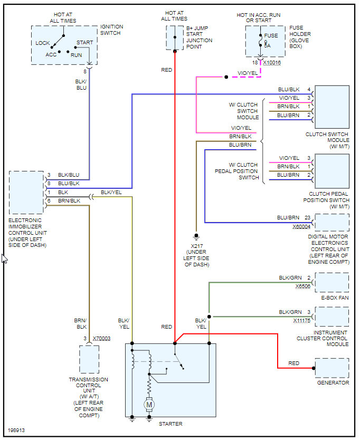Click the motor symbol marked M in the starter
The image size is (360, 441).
tap(149, 405)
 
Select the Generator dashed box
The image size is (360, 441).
tap(332, 368)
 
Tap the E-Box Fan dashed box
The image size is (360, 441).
tap(332, 282)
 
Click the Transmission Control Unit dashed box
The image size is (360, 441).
tap(89, 359)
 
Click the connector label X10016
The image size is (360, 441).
tap(272, 63)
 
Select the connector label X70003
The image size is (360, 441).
tap(101, 338)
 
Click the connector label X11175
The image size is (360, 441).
tap(303, 320)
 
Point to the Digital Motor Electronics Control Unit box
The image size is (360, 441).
tap(332, 222)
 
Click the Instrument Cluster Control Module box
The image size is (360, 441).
tap(332, 317)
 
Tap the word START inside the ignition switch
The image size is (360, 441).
tap(84, 43)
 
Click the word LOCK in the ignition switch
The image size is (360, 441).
tap(43, 43)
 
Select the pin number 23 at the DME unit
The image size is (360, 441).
tap(307, 217)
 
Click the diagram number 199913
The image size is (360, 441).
tap(16, 430)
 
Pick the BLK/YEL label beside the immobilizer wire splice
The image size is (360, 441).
tap(111, 193)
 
